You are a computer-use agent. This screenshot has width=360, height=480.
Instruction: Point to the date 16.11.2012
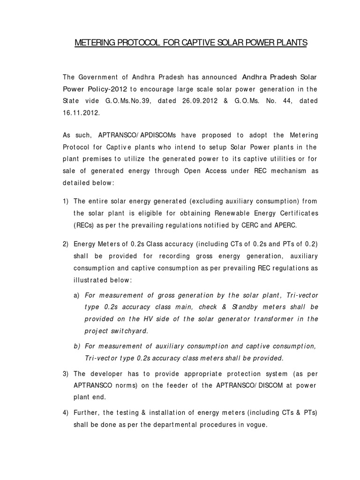tap(82, 112)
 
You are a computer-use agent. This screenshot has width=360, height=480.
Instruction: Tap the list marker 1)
tap(66, 201)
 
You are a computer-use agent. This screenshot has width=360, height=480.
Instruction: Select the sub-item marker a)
tap(76, 295)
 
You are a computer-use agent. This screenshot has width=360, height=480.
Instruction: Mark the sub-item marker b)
tap(76, 346)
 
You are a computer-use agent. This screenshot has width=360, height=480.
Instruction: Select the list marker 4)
tap(66, 412)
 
